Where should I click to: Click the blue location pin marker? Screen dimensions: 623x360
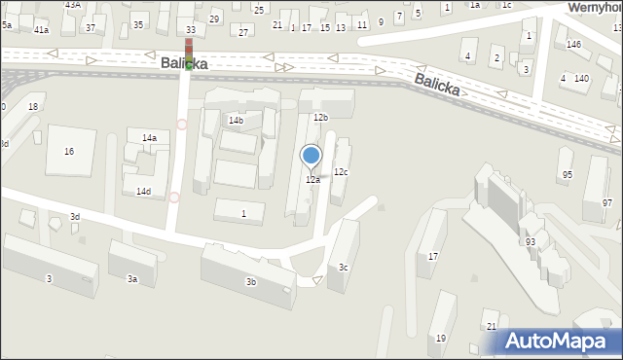[x=311, y=156]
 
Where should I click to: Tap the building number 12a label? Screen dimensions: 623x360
[x=312, y=180]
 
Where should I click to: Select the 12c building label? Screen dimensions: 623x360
[x=341, y=172]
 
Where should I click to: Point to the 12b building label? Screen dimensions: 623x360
[x=320, y=117]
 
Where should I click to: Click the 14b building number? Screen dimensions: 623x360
[x=236, y=120]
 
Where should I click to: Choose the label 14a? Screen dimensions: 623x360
[x=149, y=138]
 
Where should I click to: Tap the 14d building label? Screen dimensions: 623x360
[x=143, y=192]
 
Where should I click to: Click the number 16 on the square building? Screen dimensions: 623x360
[x=68, y=152]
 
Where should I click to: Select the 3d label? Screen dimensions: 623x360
[x=74, y=216]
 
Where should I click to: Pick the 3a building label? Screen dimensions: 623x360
[x=132, y=279]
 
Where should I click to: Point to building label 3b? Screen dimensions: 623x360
[x=251, y=282]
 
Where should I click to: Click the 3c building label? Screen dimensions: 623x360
[x=343, y=268]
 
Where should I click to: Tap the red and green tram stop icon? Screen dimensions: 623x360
[x=189, y=53]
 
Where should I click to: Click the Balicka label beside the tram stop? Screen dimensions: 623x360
[x=184, y=63]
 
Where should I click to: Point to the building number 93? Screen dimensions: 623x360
[x=531, y=241]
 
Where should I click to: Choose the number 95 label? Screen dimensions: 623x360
[x=567, y=174]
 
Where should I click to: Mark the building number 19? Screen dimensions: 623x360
[x=441, y=338]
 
